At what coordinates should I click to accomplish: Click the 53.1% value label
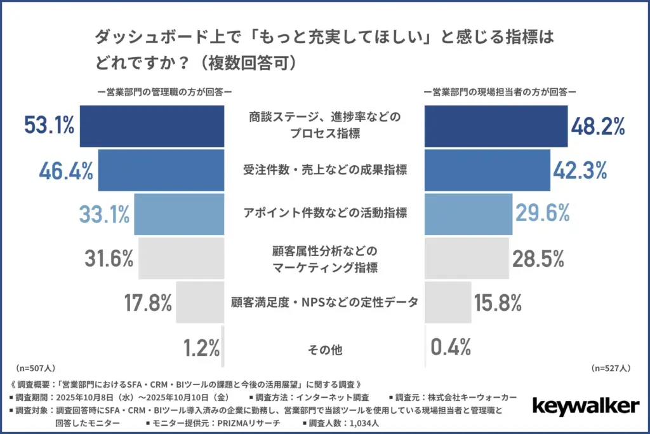point(50,126)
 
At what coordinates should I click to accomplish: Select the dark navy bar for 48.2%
point(496,126)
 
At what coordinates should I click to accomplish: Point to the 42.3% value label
point(580,170)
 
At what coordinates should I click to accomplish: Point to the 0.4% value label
point(451,346)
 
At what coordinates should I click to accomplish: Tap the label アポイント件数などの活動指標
point(325,214)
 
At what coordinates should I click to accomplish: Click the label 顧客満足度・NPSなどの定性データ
point(325,302)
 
